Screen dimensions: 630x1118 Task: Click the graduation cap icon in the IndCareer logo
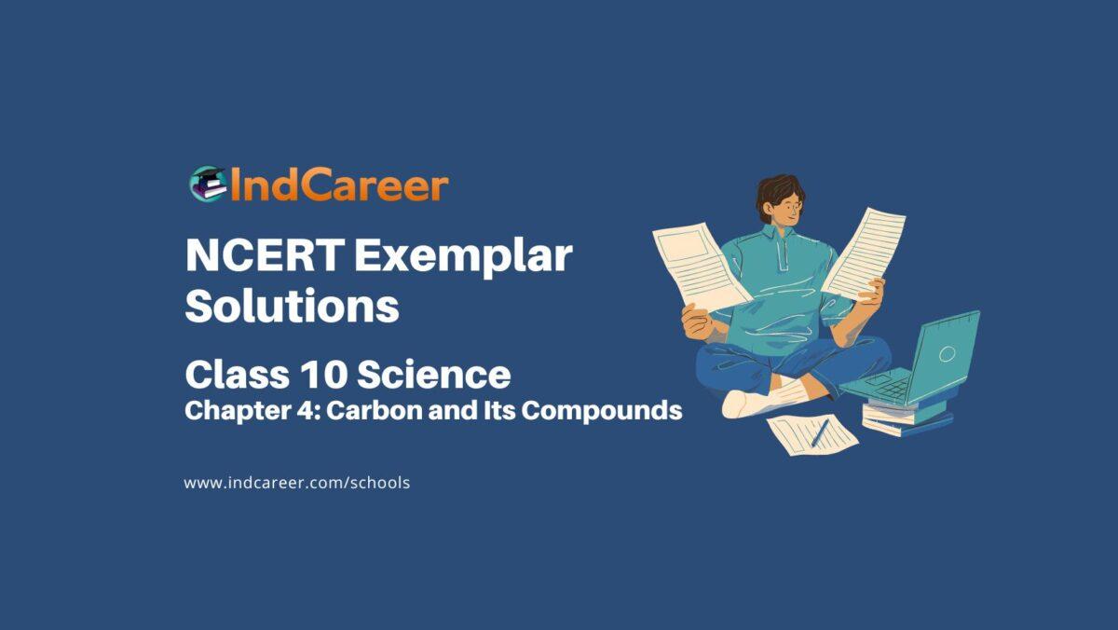tap(206, 185)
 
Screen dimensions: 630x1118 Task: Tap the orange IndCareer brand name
tap(338, 185)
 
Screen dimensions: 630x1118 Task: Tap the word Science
tap(433, 376)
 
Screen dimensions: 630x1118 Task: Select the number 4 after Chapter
tap(302, 411)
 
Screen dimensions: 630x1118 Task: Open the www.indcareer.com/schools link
tap(297, 483)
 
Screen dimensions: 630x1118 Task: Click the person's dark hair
tap(775, 190)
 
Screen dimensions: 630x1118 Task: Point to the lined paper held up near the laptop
tap(865, 252)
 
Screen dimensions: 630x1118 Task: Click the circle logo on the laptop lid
tap(947, 353)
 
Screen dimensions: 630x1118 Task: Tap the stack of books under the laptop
tap(904, 416)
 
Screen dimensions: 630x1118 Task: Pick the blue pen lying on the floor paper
tap(819, 432)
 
